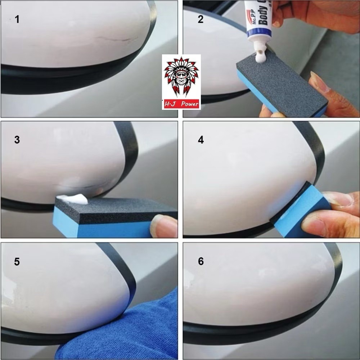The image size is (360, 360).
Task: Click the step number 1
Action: coord(17,19)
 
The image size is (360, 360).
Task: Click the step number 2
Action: coord(201,19)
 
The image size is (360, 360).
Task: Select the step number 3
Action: coord(17,140)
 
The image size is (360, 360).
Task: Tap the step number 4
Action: coord(201,140)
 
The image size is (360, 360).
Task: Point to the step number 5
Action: coord(17,261)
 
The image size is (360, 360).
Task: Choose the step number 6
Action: coord(201,261)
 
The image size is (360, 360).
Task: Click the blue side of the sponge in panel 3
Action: coord(101,229)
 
